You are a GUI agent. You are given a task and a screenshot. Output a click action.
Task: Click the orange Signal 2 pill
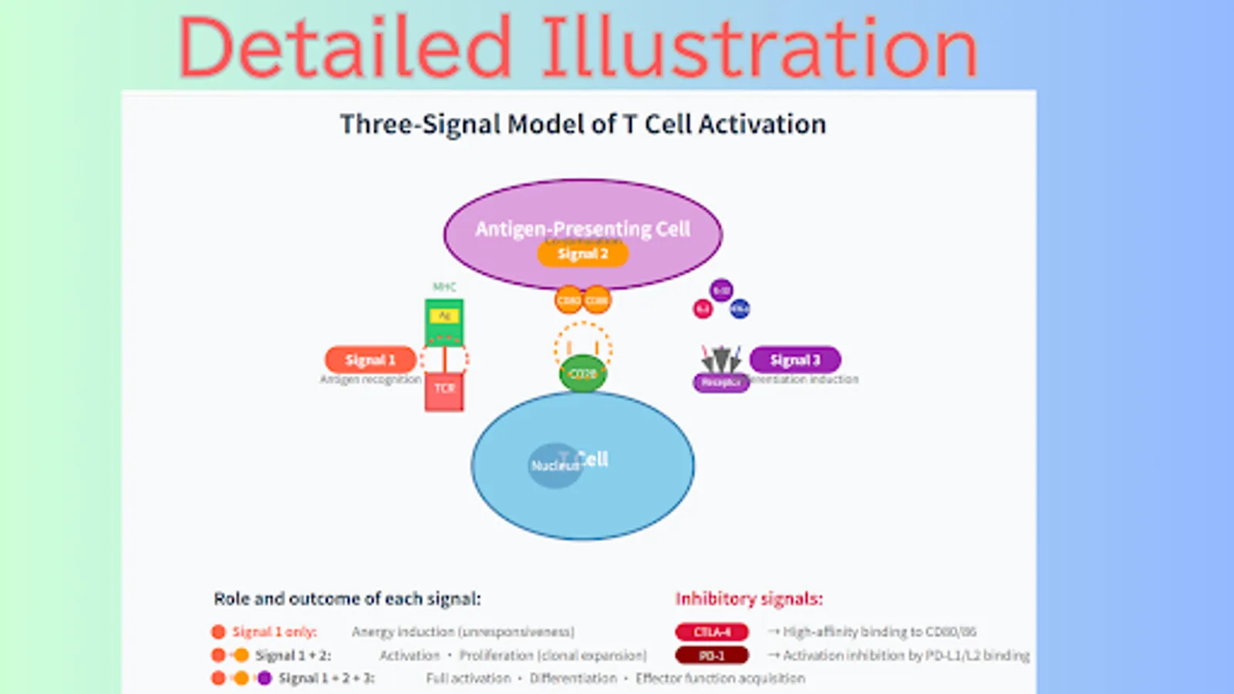[582, 254]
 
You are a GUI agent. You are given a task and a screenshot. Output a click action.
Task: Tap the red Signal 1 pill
[370, 359]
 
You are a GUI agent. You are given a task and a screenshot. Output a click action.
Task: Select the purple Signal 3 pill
[795, 359]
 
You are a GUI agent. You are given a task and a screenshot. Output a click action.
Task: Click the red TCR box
[444, 390]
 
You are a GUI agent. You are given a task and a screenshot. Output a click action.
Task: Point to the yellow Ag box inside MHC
[444, 315]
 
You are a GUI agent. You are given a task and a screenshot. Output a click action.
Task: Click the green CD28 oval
[582, 374]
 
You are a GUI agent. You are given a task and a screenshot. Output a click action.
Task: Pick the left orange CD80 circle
[568, 300]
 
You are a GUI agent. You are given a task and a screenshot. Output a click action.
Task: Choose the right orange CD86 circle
[597, 300]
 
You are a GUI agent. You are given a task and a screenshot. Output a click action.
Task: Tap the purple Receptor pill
[721, 382]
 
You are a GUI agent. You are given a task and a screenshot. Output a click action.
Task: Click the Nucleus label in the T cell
[554, 466]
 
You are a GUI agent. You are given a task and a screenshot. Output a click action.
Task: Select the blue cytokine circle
[740, 308]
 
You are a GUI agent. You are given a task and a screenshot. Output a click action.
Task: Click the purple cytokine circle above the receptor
[721, 290]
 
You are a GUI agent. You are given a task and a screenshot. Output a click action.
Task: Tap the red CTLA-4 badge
[712, 632]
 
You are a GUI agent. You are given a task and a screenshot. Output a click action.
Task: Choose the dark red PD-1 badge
[712, 655]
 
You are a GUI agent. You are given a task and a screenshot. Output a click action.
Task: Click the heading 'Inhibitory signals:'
[749, 598]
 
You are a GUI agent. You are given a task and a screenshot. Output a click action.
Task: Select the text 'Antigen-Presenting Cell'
[582, 229]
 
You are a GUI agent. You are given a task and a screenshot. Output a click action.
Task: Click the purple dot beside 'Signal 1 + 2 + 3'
[265, 679]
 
